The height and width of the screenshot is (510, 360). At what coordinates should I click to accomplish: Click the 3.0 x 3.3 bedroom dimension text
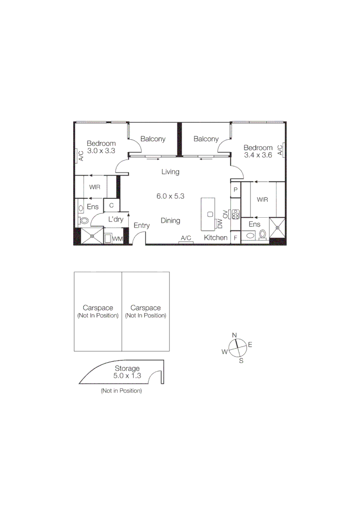pos(101,151)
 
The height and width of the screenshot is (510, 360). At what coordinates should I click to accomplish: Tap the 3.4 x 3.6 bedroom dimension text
pos(258,155)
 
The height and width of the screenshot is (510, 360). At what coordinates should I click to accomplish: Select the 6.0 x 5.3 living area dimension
pos(170,196)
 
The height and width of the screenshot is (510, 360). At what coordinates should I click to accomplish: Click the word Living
pos(170,172)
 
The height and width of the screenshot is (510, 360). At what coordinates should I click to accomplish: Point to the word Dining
pos(170,221)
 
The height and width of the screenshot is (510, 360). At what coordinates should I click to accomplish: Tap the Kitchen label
pos(216,238)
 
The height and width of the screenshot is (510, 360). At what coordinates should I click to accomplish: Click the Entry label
pos(142,226)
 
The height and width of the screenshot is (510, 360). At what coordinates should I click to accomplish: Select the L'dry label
pos(116,220)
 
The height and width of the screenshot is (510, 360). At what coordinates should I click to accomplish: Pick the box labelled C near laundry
pos(111,205)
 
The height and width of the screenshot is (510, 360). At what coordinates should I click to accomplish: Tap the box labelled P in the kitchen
pos(235,190)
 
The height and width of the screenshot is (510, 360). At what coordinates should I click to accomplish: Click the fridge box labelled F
pos(235,238)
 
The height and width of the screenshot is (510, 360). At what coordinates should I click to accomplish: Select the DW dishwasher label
pos(220,224)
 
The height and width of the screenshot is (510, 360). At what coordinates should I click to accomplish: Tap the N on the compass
pos(234,335)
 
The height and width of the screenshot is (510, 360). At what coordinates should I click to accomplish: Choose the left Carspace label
pos(98,308)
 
